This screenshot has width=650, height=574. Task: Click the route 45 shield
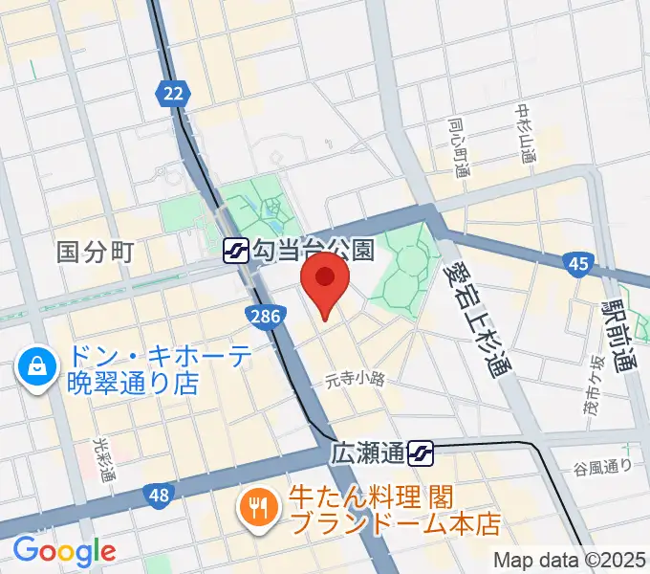pyautogui.click(x=575, y=262)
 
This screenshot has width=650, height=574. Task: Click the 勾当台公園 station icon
pyautogui.click(x=235, y=252)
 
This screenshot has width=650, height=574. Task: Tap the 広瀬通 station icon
pyautogui.click(x=421, y=451)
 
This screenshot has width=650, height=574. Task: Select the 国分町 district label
pyautogui.click(x=96, y=253)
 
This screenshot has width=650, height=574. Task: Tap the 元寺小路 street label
pyautogui.click(x=354, y=379)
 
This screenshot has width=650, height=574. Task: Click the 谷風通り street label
pyautogui.click(x=603, y=466)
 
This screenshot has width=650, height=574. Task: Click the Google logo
pyautogui.click(x=64, y=550)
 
